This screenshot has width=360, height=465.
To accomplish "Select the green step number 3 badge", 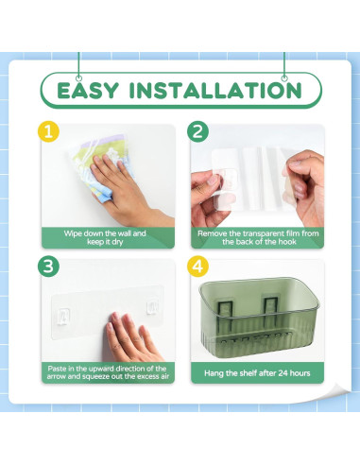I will click(x=49, y=267).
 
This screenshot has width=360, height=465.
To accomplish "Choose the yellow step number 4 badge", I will click(x=197, y=267).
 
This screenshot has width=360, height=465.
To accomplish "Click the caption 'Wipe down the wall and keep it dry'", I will click(x=107, y=237).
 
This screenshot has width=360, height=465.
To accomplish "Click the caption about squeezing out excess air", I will click(x=107, y=372).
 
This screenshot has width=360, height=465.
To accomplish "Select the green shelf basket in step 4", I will click(x=256, y=322).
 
